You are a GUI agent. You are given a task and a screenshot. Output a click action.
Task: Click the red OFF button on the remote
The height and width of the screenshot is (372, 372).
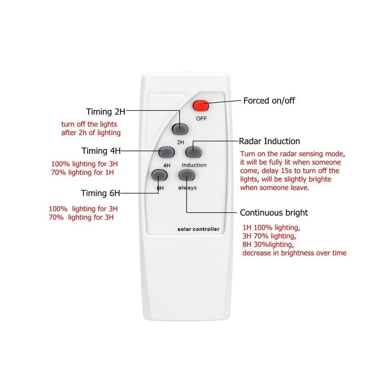coord(201,106)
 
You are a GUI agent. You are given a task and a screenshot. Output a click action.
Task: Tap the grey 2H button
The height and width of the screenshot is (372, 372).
coord(180,129)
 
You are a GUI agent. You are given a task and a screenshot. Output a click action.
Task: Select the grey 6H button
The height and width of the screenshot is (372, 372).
coord(160,175)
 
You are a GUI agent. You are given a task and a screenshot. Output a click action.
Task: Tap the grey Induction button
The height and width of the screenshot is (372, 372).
coord(193,152)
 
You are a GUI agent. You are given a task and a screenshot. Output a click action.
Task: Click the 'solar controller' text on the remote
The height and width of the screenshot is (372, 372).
coord(198,229)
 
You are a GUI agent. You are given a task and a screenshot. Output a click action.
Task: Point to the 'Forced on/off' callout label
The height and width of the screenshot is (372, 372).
coord(269,100)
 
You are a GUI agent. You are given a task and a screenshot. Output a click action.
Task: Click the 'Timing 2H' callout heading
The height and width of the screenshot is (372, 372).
coord(106,112)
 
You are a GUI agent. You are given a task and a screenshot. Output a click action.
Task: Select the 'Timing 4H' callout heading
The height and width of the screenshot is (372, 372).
coord(101,151)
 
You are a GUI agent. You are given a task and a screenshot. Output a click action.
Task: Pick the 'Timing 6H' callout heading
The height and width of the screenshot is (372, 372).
coord(100,193)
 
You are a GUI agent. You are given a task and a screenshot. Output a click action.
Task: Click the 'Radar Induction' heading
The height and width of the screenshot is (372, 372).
coord(269,141)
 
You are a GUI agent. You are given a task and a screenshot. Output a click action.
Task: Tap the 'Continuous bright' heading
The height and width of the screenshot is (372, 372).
coord(274,212)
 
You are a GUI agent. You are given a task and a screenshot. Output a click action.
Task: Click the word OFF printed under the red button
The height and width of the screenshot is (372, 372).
coord(201,119)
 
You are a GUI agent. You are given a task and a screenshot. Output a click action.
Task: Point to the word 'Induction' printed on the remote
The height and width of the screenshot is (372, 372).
coord(194,165)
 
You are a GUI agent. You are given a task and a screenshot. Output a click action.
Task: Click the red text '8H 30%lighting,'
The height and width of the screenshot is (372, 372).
coord(268,244)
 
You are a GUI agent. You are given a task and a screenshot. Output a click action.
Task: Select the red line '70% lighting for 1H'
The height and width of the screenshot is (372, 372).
coord(83,172)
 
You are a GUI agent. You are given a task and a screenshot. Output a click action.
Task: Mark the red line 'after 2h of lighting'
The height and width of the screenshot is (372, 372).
coord(91,133)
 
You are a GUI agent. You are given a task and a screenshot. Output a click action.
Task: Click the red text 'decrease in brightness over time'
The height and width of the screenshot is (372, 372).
coord(294,253)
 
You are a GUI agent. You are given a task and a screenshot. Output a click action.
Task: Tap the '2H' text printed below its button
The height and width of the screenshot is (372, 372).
coord(180,142)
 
